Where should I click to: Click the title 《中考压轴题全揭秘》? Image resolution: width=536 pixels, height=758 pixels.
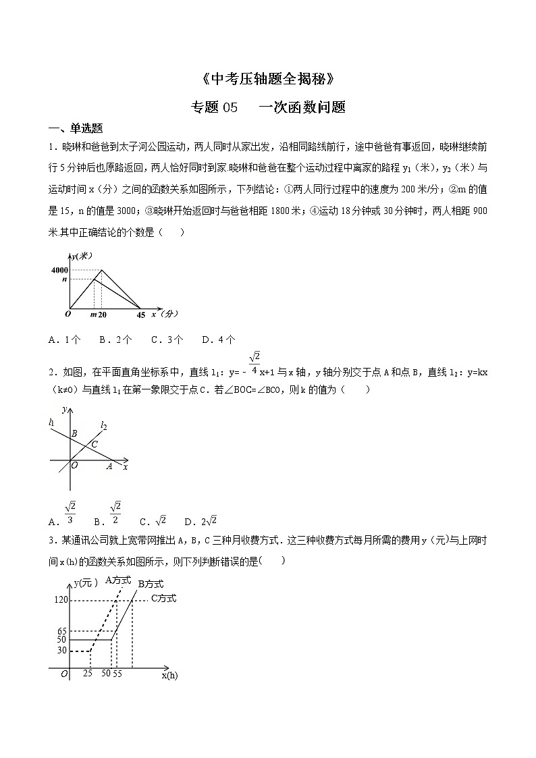[268, 80]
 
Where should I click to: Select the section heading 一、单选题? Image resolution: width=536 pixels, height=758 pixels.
[75, 129]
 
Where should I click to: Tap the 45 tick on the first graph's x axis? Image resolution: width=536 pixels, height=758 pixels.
[140, 315]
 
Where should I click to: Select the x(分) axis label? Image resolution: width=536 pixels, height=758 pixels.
[164, 313]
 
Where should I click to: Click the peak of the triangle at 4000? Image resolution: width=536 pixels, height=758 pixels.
[102, 270]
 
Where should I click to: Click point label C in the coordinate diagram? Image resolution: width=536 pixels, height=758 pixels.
[95, 443]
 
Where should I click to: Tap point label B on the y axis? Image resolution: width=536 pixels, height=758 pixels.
[75, 433]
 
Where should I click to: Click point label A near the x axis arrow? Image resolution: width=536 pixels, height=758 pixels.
[109, 466]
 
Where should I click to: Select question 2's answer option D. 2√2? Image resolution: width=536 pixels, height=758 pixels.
[202, 520]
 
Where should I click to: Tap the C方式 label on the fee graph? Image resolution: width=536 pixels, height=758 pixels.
[163, 598]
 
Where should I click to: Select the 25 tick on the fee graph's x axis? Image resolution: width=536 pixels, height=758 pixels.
[88, 674]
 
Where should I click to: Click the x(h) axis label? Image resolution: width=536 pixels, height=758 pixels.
[169, 674]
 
